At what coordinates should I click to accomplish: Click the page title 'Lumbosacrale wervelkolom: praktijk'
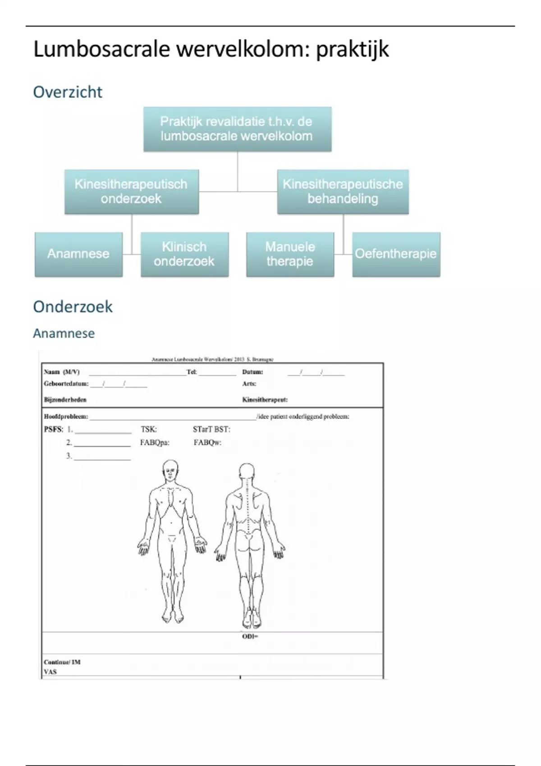pyautogui.click(x=211, y=50)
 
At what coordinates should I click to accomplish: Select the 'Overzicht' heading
pyautogui.click(x=68, y=92)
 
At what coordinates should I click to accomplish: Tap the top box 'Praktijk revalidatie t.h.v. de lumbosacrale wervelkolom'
pyautogui.click(x=237, y=129)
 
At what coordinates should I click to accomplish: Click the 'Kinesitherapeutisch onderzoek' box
pyautogui.click(x=131, y=191)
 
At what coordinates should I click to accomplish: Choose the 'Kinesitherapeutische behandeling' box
pyautogui.click(x=343, y=191)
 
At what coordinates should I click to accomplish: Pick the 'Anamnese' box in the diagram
pyautogui.click(x=78, y=254)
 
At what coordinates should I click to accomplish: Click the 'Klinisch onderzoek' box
pyautogui.click(x=184, y=254)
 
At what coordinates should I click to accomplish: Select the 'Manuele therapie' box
pyautogui.click(x=290, y=254)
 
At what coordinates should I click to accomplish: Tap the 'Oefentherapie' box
pyautogui.click(x=396, y=254)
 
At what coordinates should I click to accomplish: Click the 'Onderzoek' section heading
pyautogui.click(x=73, y=307)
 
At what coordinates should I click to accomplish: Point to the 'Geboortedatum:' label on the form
pyautogui.click(x=66, y=384)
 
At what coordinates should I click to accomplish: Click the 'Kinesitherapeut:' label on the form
pyautogui.click(x=265, y=400)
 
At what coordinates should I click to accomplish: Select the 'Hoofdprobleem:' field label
pyautogui.click(x=66, y=417)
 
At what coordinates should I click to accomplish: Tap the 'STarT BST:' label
pyautogui.click(x=211, y=429)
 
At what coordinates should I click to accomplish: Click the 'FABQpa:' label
pyautogui.click(x=155, y=442)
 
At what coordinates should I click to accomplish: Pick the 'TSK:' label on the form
pyautogui.click(x=149, y=429)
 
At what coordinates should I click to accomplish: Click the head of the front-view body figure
pyautogui.click(x=170, y=470)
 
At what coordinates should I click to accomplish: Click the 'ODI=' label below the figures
pyautogui.click(x=250, y=637)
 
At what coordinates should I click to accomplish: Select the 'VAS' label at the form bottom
pyautogui.click(x=50, y=672)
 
